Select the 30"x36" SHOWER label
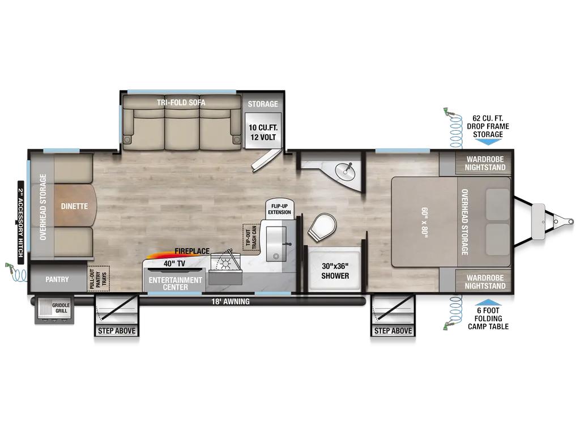tap(335, 271)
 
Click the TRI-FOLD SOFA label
tap(181, 103)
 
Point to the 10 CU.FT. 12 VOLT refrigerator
tap(263, 131)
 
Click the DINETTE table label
tap(74, 206)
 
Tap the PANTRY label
tap(57, 279)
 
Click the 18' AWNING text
tap(231, 301)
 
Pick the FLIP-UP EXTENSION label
tap(280, 209)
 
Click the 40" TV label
tap(174, 264)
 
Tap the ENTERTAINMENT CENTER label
tap(176, 283)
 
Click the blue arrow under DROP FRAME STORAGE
tap(488, 142)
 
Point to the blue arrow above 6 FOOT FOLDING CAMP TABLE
tap(488, 302)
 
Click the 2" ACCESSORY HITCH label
tap(21, 223)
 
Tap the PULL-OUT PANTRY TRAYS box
tap(99, 278)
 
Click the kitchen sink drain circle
tap(276, 257)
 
